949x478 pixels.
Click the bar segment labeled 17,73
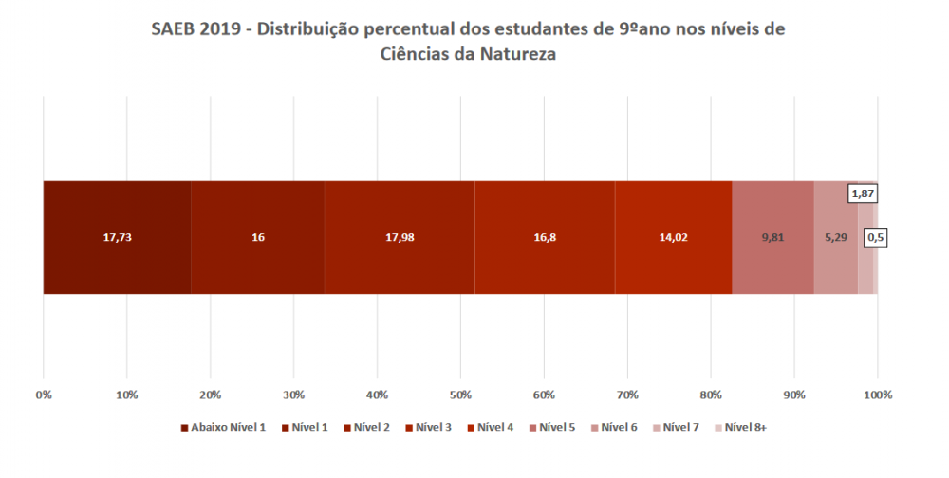tap(117, 237)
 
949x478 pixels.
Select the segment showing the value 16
tap(257, 237)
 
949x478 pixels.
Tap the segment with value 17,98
tap(399, 237)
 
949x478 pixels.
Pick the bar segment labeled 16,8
tap(544, 237)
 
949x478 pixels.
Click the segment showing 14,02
tap(673, 237)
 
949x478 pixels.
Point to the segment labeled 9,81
tap(772, 237)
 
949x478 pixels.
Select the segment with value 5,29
tap(835, 237)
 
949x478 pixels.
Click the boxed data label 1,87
tap(863, 193)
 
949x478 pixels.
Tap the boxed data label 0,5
tap(875, 237)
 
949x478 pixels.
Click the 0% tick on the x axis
tap(44, 394)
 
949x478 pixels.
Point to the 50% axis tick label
tap(460, 394)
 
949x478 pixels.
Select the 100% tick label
tap(878, 394)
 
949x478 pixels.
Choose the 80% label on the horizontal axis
tap(711, 394)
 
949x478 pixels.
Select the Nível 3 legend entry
tap(433, 428)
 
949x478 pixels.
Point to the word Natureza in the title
tap(512, 55)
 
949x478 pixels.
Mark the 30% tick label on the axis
tap(293, 394)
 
